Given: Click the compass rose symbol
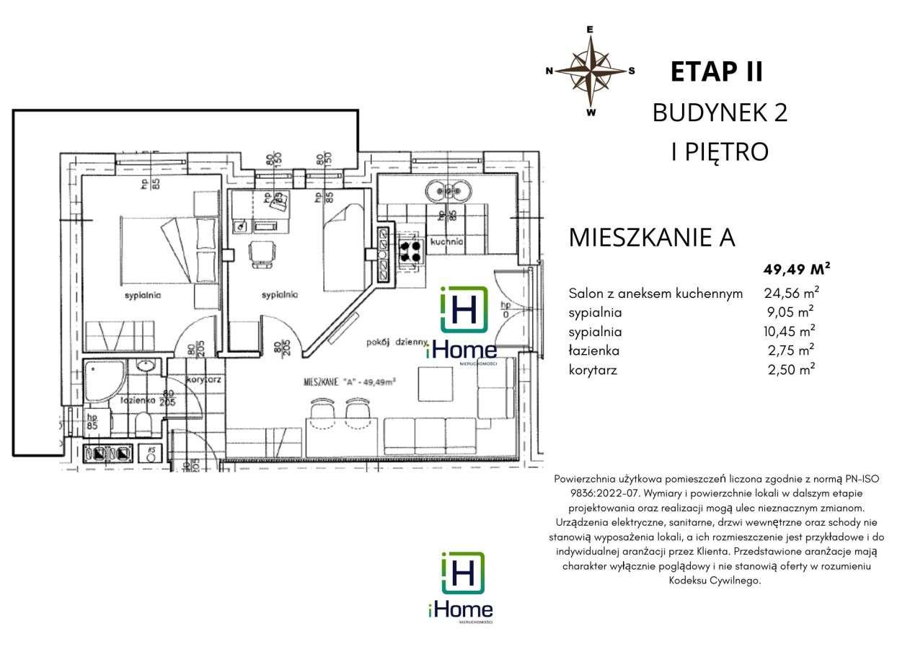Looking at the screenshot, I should (x=591, y=71).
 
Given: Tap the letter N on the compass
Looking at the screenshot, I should (x=549, y=71).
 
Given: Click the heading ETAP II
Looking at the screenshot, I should (x=717, y=72).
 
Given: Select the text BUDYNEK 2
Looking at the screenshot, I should (x=720, y=113).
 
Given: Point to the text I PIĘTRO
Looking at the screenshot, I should (x=720, y=151).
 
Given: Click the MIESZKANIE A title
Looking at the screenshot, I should (x=653, y=238).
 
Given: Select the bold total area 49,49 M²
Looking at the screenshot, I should (x=796, y=270).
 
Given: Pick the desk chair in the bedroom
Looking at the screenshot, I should (x=262, y=253).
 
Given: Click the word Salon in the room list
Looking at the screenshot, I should (x=585, y=294).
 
